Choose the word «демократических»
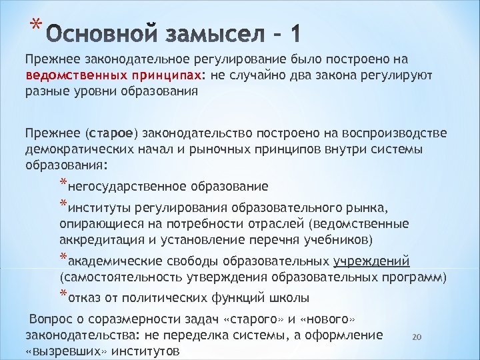coord(73,148)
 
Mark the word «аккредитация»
coord(95,239)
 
